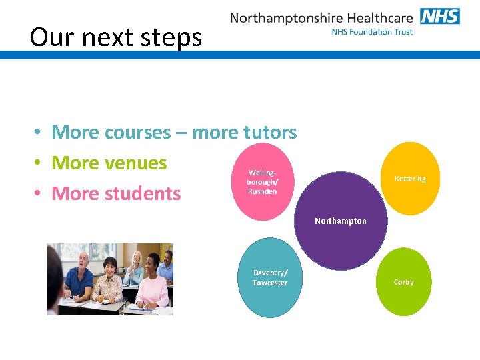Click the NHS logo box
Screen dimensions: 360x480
(440, 16)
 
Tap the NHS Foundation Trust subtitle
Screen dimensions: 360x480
(372, 32)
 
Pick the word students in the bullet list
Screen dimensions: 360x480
(144, 193)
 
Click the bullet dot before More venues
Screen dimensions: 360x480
(39, 163)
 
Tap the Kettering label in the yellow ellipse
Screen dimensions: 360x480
(409, 179)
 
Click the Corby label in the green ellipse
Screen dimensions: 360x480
(403, 282)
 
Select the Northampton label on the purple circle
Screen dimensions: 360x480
(340, 221)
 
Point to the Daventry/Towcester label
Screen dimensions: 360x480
(270, 278)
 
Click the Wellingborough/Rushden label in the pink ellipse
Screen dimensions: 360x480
(263, 182)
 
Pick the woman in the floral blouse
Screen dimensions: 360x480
(108, 283)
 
